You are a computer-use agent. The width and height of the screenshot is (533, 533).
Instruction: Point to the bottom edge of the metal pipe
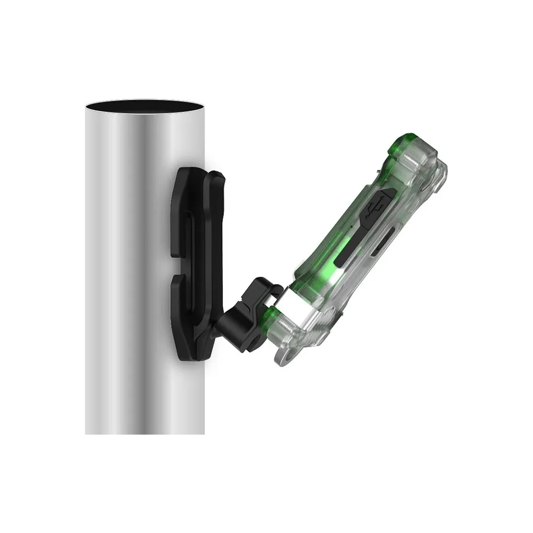(x=144, y=433)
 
